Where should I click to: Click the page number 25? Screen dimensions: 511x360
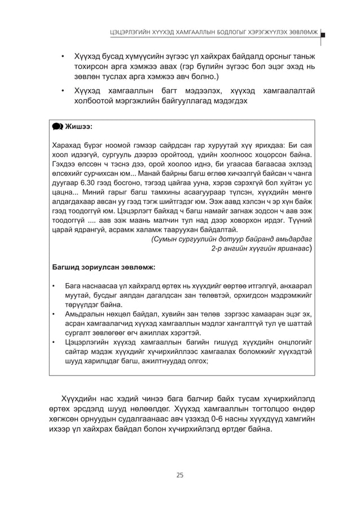point(179,474)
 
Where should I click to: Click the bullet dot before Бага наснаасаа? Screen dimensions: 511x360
point(54,286)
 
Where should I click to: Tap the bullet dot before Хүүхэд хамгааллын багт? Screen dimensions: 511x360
point(63,91)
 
